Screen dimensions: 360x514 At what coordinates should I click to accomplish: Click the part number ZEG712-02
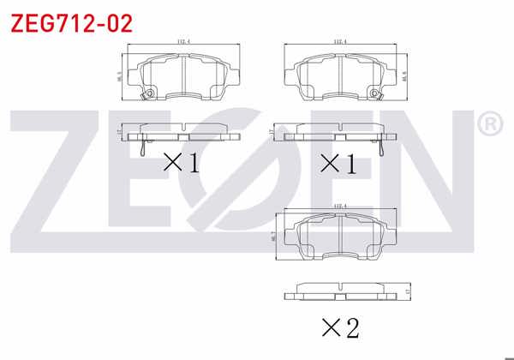click(71, 23)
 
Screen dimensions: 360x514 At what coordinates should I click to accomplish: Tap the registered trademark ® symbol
click(488, 126)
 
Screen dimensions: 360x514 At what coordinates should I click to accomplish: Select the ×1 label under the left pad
click(181, 161)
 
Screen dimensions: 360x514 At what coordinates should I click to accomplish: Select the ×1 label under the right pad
click(337, 161)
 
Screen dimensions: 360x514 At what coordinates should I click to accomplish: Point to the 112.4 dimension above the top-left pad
click(182, 40)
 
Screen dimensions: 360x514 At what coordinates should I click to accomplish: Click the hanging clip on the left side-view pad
click(141, 147)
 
